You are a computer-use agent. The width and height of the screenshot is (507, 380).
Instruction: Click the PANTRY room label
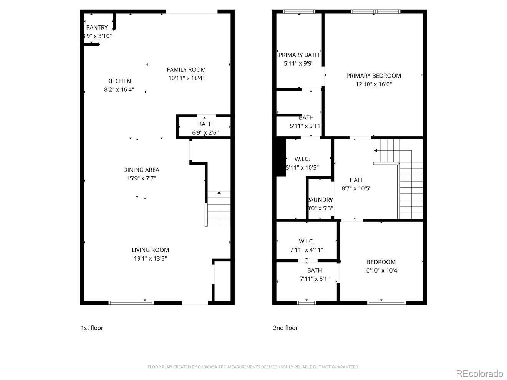click(97, 28)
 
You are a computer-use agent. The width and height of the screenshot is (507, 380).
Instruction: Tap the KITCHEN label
click(119, 81)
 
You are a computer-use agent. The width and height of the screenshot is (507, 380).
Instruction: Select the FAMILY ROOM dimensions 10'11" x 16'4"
click(186, 78)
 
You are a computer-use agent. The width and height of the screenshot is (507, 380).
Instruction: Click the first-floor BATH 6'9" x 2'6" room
click(205, 127)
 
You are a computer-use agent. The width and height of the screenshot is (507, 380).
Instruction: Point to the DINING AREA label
click(141, 170)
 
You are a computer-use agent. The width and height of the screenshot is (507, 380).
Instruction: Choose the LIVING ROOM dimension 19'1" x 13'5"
click(150, 258)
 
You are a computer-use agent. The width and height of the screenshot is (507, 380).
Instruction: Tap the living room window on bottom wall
click(131, 302)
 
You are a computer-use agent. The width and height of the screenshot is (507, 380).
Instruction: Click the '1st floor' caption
click(92, 328)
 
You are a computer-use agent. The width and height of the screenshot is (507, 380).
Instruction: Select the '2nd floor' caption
click(285, 328)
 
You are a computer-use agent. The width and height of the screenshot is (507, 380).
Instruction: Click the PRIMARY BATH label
click(298, 55)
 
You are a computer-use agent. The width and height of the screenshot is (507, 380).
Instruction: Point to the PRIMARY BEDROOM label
click(373, 76)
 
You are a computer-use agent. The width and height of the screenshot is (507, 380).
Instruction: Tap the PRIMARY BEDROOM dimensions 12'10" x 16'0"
click(373, 84)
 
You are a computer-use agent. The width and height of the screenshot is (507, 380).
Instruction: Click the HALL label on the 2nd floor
click(356, 180)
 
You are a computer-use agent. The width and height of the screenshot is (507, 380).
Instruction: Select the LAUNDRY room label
click(320, 200)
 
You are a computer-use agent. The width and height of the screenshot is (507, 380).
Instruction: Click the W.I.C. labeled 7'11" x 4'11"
click(306, 245)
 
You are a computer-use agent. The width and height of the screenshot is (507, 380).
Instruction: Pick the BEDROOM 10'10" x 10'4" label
click(381, 262)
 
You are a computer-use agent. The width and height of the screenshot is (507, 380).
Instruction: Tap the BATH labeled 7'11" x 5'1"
click(314, 274)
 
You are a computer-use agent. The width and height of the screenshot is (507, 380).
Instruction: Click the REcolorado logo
click(479, 373)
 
